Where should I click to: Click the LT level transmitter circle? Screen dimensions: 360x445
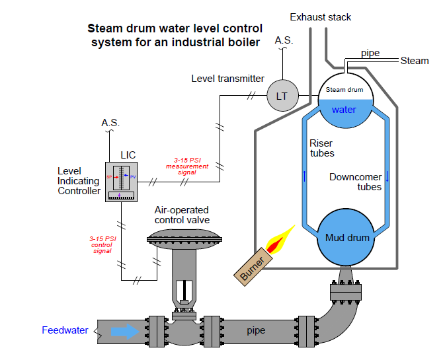[x=282, y=96]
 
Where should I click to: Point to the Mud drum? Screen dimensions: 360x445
[x=344, y=236]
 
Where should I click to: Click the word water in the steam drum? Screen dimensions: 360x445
[x=344, y=110]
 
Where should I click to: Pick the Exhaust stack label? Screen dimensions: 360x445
[x=321, y=17]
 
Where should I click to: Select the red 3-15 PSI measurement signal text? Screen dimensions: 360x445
[x=187, y=167]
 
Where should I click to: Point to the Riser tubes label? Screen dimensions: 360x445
[x=322, y=149]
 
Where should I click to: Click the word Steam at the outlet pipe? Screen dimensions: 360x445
[x=415, y=61]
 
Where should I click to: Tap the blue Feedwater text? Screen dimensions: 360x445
[x=65, y=330]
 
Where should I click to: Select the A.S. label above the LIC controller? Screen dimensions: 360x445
[x=110, y=123]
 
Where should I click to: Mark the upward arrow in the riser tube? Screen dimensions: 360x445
[x=305, y=176]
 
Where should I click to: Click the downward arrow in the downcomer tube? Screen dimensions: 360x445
[x=387, y=176]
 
